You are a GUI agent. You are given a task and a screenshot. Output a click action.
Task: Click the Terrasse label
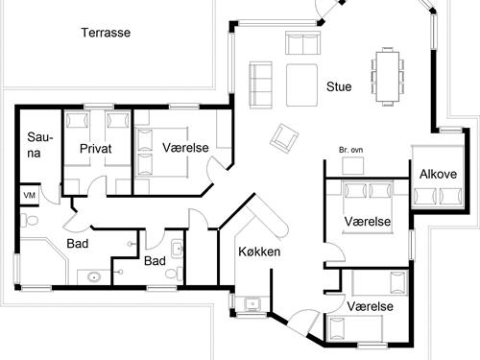click(x=106, y=32)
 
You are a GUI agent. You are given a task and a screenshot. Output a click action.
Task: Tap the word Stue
click(x=338, y=86)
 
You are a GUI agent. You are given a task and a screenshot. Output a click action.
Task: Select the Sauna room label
click(x=38, y=150)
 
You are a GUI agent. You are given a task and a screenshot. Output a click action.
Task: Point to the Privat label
click(x=96, y=149)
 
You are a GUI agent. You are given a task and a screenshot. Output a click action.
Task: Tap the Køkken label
click(x=259, y=252)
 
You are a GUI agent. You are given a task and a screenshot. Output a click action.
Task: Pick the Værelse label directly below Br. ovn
click(x=368, y=222)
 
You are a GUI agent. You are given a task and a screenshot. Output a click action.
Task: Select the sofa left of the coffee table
click(x=260, y=82)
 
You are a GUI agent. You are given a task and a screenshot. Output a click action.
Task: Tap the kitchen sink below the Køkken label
click(x=252, y=303)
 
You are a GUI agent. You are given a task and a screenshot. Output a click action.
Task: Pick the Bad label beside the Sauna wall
click(x=78, y=244)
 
